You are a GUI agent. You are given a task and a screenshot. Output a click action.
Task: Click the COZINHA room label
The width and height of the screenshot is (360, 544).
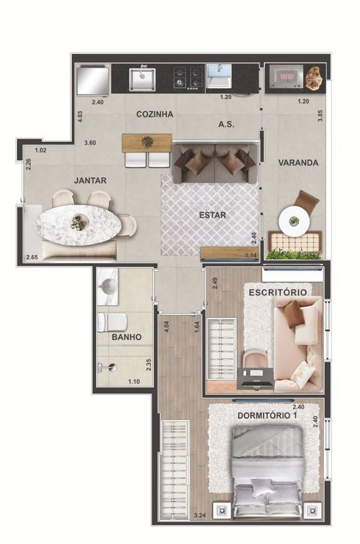[155, 114]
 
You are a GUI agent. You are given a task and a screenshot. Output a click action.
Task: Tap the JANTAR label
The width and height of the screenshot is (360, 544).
[90, 180]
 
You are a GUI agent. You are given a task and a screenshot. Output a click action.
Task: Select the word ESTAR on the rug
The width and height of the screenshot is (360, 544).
[212, 215]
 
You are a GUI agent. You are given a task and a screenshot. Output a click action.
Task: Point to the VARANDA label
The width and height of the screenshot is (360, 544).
[298, 163]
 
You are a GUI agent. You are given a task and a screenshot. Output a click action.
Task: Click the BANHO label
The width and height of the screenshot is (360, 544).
[127, 337]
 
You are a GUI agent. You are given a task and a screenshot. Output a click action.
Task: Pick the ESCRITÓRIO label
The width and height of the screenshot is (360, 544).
[278, 292]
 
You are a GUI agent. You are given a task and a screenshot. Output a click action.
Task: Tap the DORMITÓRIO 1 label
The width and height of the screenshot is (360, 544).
[267, 415]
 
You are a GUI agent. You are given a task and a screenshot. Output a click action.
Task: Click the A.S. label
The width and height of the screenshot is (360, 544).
[226, 124]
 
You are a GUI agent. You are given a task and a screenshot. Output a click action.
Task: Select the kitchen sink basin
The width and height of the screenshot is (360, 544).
[142, 79]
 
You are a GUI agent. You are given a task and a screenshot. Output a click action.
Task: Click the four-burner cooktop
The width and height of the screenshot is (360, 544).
[188, 79]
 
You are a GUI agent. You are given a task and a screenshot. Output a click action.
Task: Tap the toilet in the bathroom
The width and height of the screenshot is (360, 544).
[112, 322]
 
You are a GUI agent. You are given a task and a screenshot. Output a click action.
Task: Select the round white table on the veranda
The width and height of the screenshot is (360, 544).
[294, 222]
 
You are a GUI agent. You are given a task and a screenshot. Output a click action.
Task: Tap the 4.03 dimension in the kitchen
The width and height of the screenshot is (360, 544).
[80, 117]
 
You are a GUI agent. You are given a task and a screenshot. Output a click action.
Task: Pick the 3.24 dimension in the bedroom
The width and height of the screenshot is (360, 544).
[200, 516]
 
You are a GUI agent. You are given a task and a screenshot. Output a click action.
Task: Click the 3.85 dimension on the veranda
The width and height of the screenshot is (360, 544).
[321, 115]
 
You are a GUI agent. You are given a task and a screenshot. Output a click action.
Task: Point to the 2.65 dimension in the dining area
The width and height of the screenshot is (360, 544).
[31, 257]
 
